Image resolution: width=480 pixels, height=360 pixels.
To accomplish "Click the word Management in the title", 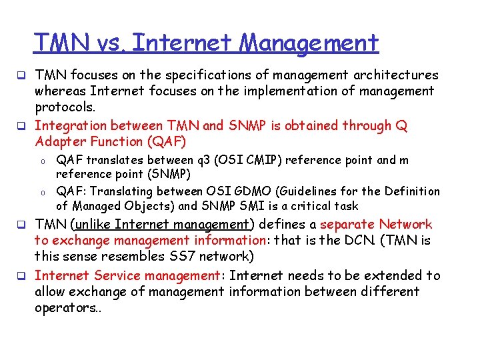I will [x=309, y=43].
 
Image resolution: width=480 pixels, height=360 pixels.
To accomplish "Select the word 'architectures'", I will [x=399, y=75].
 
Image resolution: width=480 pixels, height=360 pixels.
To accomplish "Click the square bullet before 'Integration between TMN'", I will [x=21, y=126].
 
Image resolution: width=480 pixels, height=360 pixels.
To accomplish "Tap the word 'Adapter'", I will [x=61, y=141].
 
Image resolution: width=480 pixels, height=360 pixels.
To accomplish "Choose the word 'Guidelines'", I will [x=346, y=191].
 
